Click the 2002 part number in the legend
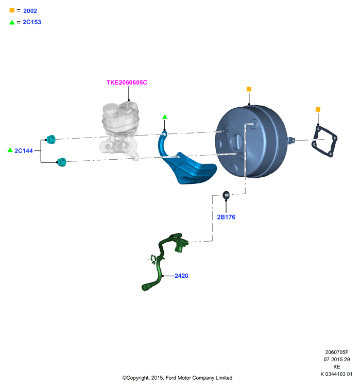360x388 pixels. point(30,11)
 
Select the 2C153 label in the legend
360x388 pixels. point(32,22)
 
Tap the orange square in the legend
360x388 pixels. point(12,10)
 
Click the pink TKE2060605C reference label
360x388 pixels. point(127,82)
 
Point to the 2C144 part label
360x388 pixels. point(24,150)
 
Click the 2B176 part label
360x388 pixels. point(226,217)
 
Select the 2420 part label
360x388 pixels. point(181,276)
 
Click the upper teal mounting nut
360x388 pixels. point(51,139)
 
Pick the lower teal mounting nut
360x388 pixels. point(61,162)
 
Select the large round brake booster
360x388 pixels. point(251,142)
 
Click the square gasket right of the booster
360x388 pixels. point(324,141)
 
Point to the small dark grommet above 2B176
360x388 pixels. point(226,195)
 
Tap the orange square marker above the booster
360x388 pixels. point(249,89)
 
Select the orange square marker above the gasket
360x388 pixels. point(318,109)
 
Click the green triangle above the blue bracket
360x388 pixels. point(165,117)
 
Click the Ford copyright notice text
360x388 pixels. point(177,378)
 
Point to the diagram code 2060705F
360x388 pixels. point(336,352)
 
